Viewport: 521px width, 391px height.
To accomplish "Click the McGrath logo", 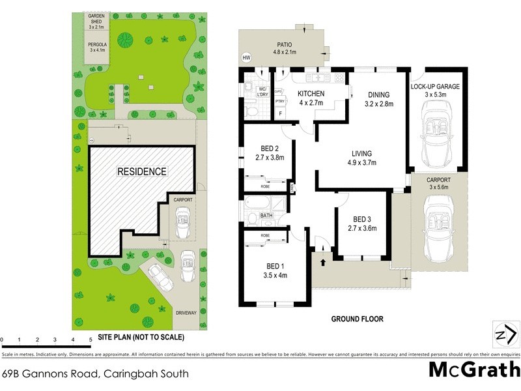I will pyautogui.click(x=473, y=369).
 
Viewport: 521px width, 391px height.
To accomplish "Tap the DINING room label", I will pyautogui.click(x=378, y=94).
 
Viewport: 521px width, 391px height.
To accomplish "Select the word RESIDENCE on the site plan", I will pyautogui.click(x=141, y=171).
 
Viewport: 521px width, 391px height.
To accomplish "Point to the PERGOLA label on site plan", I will pyautogui.click(x=97, y=45).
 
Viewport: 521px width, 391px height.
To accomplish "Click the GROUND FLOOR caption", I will pyautogui.click(x=357, y=319).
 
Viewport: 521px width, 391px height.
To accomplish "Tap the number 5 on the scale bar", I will pyautogui.click(x=91, y=340).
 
